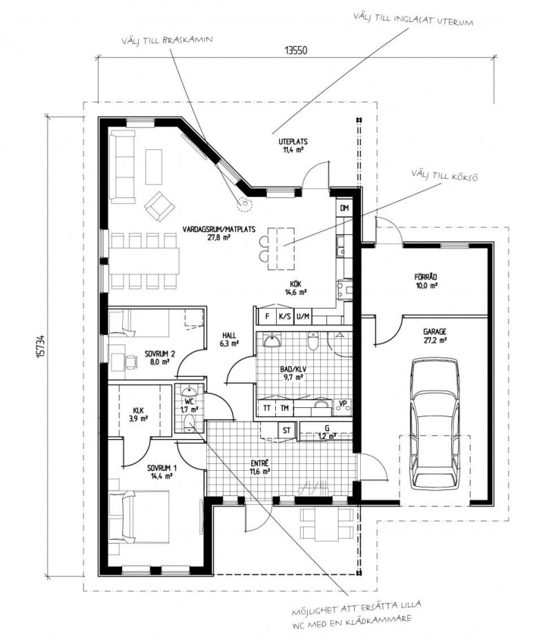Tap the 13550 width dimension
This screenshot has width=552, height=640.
tap(296, 50)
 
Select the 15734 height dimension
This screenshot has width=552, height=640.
tap(42, 346)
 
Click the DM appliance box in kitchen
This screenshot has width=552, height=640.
tap(344, 208)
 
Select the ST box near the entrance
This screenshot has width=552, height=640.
tap(286, 430)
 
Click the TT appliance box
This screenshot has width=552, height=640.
tap(267, 408)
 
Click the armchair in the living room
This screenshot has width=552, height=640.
tap(159, 204)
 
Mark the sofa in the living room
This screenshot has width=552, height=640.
tap(123, 166)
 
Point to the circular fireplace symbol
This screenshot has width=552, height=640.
tap(243, 203)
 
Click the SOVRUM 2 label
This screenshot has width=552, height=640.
tap(160, 356)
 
